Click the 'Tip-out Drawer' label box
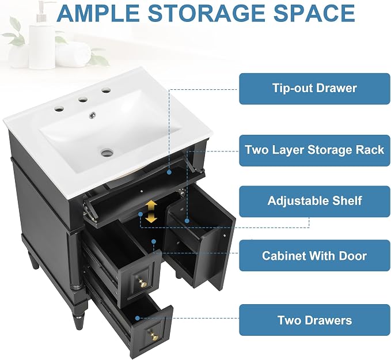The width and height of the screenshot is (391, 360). tap(314, 89)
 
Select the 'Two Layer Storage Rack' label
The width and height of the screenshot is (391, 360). tap(314, 150)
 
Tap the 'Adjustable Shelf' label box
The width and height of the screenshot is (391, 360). tap(314, 201)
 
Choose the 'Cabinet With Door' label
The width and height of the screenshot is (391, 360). tap(314, 256)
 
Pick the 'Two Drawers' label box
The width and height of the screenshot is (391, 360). tap(314, 320)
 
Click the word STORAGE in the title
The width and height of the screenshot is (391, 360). tap(206, 13)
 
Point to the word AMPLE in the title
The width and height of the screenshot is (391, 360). tap(98, 13)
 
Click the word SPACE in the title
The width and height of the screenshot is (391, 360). tap(314, 13)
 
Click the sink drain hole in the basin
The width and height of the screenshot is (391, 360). tap(108, 152)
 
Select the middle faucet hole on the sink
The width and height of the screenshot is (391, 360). tap(83, 100)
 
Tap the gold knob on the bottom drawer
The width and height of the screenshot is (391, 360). tap(153, 336)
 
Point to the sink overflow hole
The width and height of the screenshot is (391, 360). tap(93, 115)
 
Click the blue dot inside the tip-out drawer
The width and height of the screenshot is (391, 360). tap(169, 172)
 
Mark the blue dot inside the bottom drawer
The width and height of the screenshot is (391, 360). tap(138, 318)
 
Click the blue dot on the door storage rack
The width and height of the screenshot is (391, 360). tap(187, 221)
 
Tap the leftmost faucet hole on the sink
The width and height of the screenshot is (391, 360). tap(59, 109)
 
